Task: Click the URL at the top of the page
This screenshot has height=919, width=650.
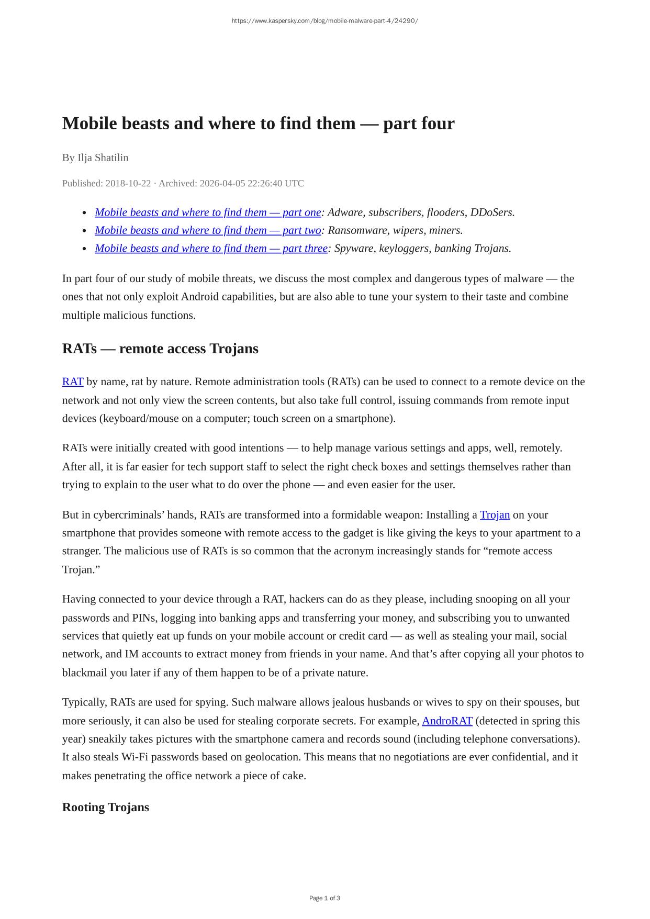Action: click(324, 21)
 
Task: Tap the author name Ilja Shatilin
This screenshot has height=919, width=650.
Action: click(103, 158)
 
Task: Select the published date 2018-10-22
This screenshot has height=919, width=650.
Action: click(128, 183)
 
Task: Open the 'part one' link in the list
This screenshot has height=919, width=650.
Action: click(208, 212)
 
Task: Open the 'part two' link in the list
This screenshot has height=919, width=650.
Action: click(208, 230)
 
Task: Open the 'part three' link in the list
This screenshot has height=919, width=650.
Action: click(211, 248)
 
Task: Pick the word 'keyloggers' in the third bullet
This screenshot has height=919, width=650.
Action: click(404, 248)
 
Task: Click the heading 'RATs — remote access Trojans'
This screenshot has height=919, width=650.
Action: click(160, 349)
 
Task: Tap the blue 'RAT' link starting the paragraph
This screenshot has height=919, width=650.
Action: click(73, 382)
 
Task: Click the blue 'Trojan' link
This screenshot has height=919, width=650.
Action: click(495, 515)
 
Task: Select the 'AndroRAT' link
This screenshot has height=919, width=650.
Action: click(447, 721)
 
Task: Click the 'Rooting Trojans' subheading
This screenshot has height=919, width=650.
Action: click(106, 807)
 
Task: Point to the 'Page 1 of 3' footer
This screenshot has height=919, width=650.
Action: click(324, 898)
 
